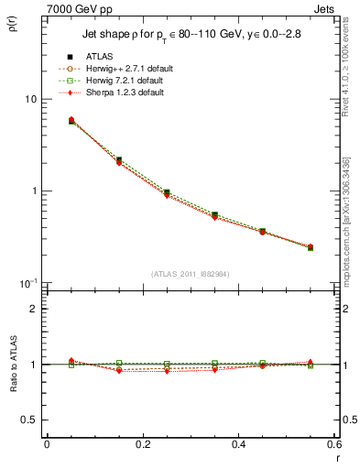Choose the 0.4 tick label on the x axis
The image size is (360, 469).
238,444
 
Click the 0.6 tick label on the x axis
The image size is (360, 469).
333,444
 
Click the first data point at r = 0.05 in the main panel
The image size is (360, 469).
71,120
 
